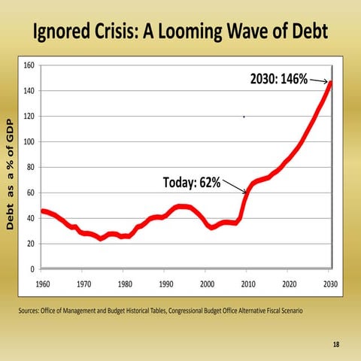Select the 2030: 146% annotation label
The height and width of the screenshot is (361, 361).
tap(274, 80)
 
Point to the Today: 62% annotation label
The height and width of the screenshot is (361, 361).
tap(191, 183)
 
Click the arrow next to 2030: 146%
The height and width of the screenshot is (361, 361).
tap(319, 80)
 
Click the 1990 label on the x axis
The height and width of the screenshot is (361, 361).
tap(165, 284)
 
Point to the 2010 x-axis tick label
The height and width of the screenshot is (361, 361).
tap(247, 284)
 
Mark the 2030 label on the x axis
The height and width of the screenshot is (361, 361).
tap(329, 284)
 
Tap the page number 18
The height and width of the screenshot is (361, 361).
tap(335, 344)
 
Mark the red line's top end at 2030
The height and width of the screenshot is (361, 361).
tap(330, 83)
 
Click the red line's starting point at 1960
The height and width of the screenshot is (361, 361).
tap(43, 211)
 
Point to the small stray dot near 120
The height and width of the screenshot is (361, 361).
tap(244, 117)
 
